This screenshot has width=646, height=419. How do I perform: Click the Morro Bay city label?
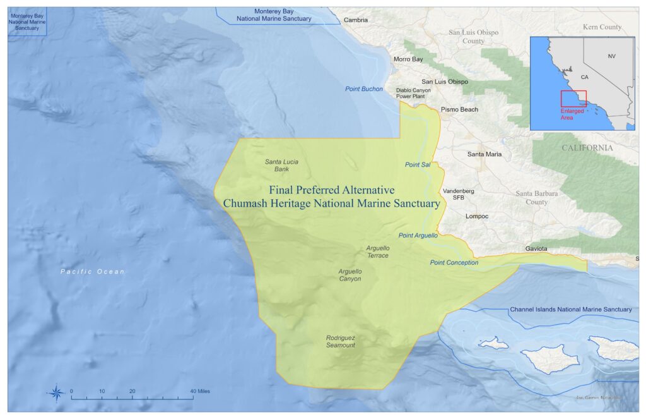click(x=408, y=59)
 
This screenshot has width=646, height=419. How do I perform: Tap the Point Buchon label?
click(x=364, y=89)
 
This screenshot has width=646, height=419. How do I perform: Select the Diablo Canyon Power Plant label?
click(x=413, y=94)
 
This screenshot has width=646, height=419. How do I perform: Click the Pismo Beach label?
click(x=459, y=109)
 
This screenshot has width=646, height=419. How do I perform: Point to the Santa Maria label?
click(x=484, y=154)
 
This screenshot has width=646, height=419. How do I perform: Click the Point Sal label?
click(x=417, y=165)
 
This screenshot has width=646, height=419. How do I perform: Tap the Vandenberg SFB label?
click(x=459, y=194)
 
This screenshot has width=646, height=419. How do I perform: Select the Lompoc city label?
click(x=477, y=216)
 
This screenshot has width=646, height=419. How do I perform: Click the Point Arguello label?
click(x=418, y=236)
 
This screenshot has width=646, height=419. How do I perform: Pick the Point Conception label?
click(x=454, y=263)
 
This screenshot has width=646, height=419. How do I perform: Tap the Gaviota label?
click(x=536, y=249)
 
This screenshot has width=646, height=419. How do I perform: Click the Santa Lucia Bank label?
click(x=281, y=165)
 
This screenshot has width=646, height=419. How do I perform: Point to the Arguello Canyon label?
click(x=349, y=275)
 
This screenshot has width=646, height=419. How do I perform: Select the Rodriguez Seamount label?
click(x=340, y=341)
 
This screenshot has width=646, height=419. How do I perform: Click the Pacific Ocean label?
click(x=93, y=272)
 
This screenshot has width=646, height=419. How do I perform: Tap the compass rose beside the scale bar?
click(x=56, y=393)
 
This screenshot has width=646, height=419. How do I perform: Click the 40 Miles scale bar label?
click(x=200, y=391)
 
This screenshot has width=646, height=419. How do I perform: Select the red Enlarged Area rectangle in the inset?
click(x=573, y=99)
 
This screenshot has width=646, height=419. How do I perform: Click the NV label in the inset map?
click(x=611, y=56)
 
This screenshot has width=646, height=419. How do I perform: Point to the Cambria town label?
click(x=356, y=20)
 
